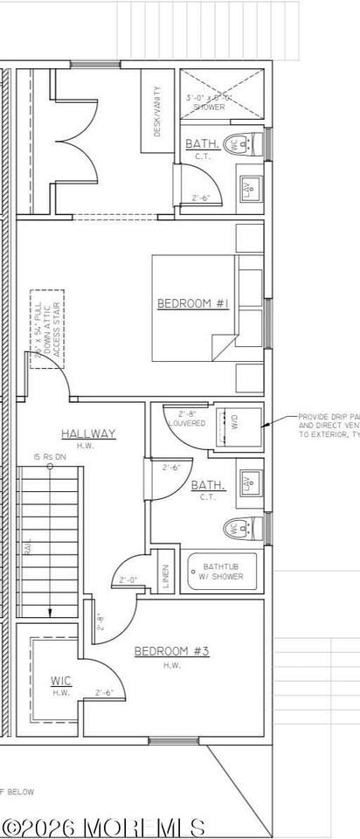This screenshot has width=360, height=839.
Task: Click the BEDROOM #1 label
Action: point(192,303)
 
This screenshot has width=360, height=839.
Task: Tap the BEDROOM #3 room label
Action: point(171,651)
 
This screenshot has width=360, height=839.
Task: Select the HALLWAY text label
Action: point(88,433)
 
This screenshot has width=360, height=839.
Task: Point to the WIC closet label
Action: point(60,680)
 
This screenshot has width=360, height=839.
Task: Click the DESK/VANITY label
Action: point(158,111)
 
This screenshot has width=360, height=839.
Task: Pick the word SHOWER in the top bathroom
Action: point(209,107)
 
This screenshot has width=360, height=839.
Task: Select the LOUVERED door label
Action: point(187,423)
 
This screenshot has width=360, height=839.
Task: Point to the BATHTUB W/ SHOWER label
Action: point(223,571)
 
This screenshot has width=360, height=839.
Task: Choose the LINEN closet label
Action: point(165,575)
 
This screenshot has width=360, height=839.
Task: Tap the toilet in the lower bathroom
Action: point(241,527)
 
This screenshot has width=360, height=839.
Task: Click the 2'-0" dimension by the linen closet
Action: point(130,579)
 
